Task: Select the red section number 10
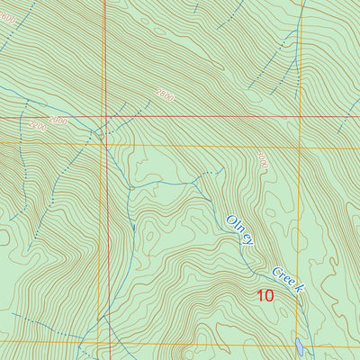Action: [x=265, y=294]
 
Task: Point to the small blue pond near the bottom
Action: [x=299, y=345]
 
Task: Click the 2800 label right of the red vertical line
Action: [x=164, y=93]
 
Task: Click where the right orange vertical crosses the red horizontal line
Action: [x=298, y=117]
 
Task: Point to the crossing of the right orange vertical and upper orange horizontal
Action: [x=298, y=146]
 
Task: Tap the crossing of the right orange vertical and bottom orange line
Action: [x=298, y=342]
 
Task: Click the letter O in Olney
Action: [x=231, y=219]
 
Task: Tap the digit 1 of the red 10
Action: [x=260, y=294]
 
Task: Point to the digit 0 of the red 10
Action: [x=270, y=294]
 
